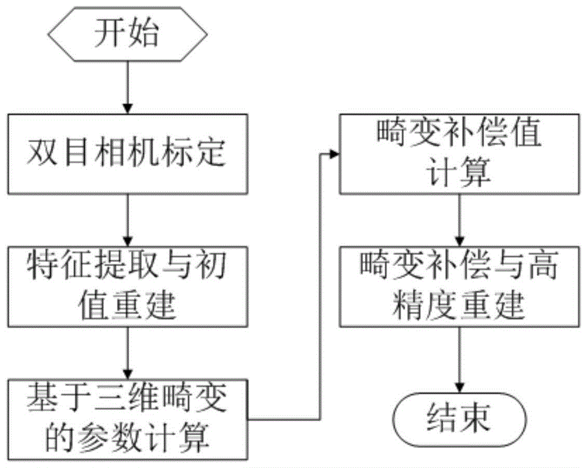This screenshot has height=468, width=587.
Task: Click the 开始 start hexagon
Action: click(x=126, y=35)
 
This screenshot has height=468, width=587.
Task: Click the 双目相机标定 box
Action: click(x=126, y=154)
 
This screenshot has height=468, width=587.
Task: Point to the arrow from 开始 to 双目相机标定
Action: click(x=126, y=88)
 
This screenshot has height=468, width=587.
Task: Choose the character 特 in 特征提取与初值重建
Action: click(x=40, y=268)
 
